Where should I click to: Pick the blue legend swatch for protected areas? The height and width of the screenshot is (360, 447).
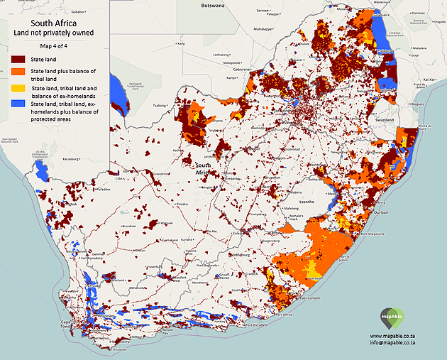tap(16, 104)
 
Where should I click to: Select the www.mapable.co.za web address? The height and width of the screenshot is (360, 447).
tap(397, 335)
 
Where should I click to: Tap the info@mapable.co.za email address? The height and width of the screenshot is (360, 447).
tap(397, 343)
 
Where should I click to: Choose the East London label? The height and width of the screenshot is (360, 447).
tap(312, 300)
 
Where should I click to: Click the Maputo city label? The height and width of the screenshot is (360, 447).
tap(417, 104)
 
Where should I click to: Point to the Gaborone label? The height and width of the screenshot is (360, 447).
tap(244, 70)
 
